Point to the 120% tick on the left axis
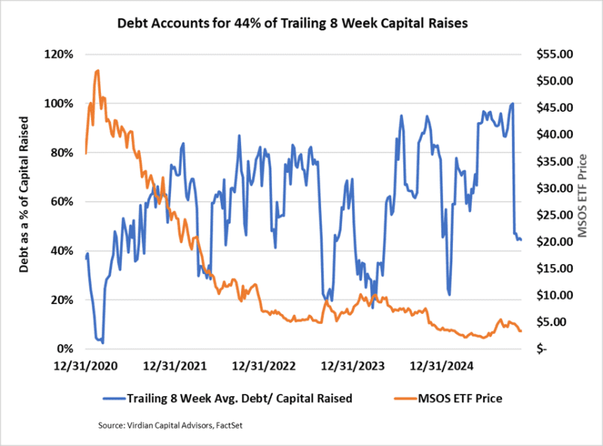(60, 54)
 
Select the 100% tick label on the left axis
(60, 103)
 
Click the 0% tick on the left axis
(66, 349)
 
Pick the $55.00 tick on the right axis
(552, 54)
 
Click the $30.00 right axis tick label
(552, 188)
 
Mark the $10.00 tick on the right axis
(552, 295)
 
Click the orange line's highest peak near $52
(97, 70)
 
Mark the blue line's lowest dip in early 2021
(103, 343)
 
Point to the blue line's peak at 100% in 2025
(513, 103)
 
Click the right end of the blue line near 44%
(520, 239)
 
